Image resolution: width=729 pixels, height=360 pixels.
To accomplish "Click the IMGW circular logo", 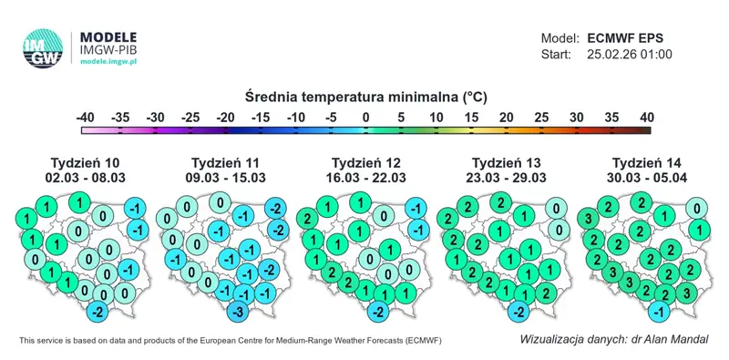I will click(44, 49).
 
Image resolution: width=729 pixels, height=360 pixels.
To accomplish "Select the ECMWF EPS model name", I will click(625, 38).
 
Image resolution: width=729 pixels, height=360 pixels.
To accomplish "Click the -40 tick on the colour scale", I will click(86, 118).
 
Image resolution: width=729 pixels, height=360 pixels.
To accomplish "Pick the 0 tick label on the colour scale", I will click(365, 118).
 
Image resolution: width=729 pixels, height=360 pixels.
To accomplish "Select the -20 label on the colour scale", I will click(225, 118).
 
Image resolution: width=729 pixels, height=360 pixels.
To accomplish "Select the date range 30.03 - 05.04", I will click(643, 178).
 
